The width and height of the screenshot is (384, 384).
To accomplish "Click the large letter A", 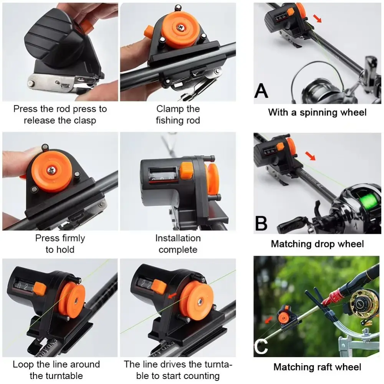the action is click(x=261, y=91).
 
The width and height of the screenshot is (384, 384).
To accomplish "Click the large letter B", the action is click(x=261, y=223).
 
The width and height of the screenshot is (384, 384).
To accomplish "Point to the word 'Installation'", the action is click(x=178, y=238).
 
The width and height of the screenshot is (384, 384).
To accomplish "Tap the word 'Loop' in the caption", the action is click(x=23, y=365).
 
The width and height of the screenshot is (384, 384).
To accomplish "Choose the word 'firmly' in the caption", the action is click(x=73, y=238).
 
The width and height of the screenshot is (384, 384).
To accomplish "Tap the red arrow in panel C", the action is click(x=269, y=319).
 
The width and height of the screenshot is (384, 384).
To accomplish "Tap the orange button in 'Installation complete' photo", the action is click(x=187, y=171).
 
